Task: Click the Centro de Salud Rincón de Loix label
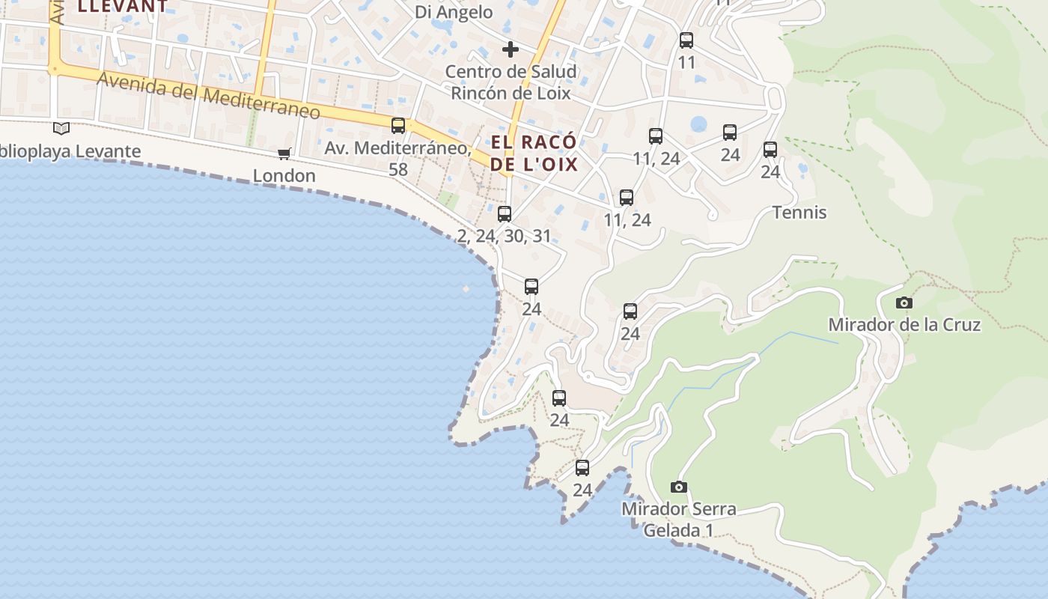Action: coord(510,82)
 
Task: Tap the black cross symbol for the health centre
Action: coord(511,49)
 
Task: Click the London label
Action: coord(284,176)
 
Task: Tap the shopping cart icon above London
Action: coord(284,154)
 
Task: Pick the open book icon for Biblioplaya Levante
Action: coord(61,129)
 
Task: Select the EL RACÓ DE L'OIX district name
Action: coord(534,153)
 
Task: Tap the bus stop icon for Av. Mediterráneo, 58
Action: coord(398,126)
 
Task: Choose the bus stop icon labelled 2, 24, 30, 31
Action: coord(505,214)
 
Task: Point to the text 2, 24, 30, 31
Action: coord(504,237)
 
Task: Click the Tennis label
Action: coord(799,213)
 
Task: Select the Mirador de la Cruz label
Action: coord(904,325)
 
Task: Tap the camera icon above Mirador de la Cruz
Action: coord(904,303)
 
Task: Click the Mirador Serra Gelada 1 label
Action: coord(678,520)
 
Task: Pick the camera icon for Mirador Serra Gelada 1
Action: coord(678,487)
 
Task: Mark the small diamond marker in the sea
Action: coord(466,288)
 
